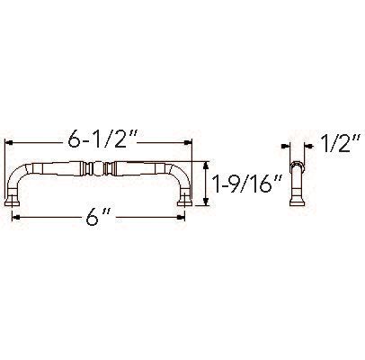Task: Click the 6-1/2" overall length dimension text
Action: coord(102,142)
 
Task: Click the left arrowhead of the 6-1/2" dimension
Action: coord(12,142)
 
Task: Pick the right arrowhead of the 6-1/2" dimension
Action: coord(189,142)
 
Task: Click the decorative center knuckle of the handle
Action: coord(102,168)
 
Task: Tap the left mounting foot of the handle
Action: coord(17,200)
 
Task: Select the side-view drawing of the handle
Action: coord(294,183)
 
